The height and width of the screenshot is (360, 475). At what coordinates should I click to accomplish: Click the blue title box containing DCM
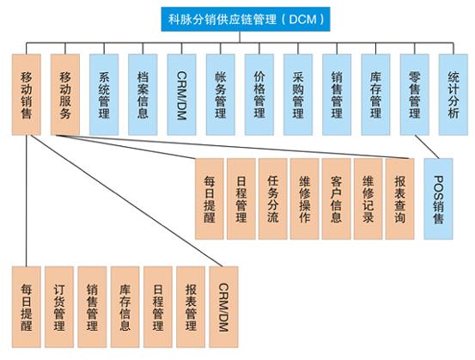tap(246, 19)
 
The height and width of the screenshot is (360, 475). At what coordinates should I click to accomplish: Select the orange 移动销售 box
tap(27, 95)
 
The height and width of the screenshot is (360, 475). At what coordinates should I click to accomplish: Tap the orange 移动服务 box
tap(65, 95)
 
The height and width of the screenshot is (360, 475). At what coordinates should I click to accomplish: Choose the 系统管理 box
tap(104, 95)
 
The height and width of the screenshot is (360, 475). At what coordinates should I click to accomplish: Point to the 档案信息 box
tap(143, 95)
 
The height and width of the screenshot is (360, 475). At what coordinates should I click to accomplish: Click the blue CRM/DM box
tap(181, 95)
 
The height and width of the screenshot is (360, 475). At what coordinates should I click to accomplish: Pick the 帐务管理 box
tap(221, 95)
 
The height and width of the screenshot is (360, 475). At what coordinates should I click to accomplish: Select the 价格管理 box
tap(259, 95)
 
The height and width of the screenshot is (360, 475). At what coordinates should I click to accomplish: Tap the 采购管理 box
tap(298, 95)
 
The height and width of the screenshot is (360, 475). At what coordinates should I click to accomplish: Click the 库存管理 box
tap(375, 95)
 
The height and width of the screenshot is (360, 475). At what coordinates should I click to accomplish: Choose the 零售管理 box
tap(414, 95)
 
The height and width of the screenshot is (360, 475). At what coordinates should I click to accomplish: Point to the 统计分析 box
tap(454, 95)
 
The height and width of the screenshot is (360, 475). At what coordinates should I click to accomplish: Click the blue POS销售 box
tap(438, 198)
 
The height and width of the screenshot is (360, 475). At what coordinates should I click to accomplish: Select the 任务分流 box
tap(273, 198)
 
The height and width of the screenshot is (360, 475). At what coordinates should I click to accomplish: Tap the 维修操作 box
tap(304, 198)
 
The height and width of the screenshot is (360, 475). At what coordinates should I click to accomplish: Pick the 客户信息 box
tap(336, 198)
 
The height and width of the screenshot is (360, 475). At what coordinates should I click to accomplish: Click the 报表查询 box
tap(400, 198)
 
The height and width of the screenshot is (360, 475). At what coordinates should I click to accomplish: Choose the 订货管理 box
tap(59, 307)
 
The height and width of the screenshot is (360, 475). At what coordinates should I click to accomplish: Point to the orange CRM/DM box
tap(223, 307)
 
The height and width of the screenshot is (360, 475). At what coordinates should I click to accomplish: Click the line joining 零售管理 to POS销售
tap(427, 147)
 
